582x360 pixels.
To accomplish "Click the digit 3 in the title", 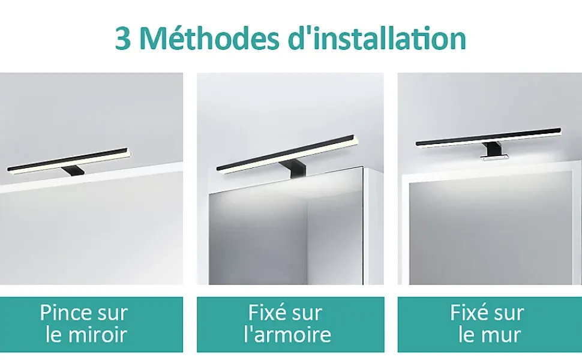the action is tap(123, 38).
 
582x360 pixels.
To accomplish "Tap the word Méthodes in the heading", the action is tap(210, 38).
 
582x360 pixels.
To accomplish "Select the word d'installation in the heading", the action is tap(377, 38).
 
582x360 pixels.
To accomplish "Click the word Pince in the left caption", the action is tap(65, 313).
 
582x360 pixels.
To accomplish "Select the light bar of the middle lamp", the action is tap(287, 153).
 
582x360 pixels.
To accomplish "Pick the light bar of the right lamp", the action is tap(488, 137).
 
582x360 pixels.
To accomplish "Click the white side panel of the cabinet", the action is tap(373, 226).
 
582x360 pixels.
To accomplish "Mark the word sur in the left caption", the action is tap(113, 314).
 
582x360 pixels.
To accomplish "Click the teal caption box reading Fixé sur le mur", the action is tap(490, 325).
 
